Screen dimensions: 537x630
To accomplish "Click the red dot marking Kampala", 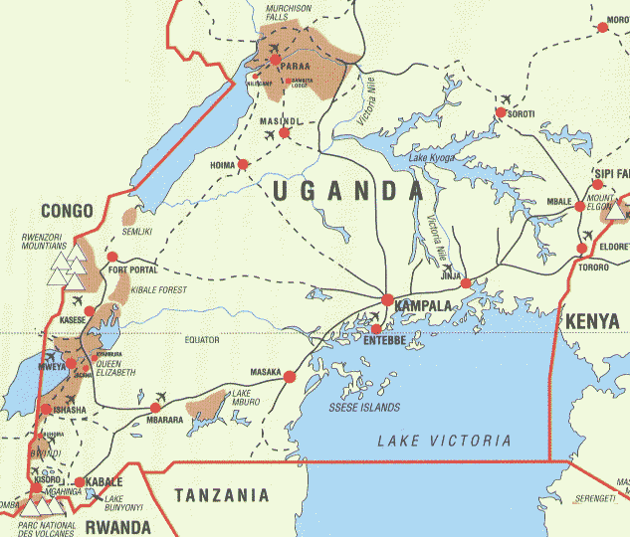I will [x=387, y=298].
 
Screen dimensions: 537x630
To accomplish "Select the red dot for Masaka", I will [x=290, y=377].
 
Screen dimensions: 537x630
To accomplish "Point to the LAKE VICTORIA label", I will [x=444, y=441].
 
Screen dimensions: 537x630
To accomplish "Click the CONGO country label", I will [x=67, y=211].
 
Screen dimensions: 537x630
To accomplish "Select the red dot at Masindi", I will [x=285, y=132].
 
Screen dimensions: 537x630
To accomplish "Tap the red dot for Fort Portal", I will [x=111, y=259].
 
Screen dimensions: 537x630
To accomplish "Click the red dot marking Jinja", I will [x=465, y=283].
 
